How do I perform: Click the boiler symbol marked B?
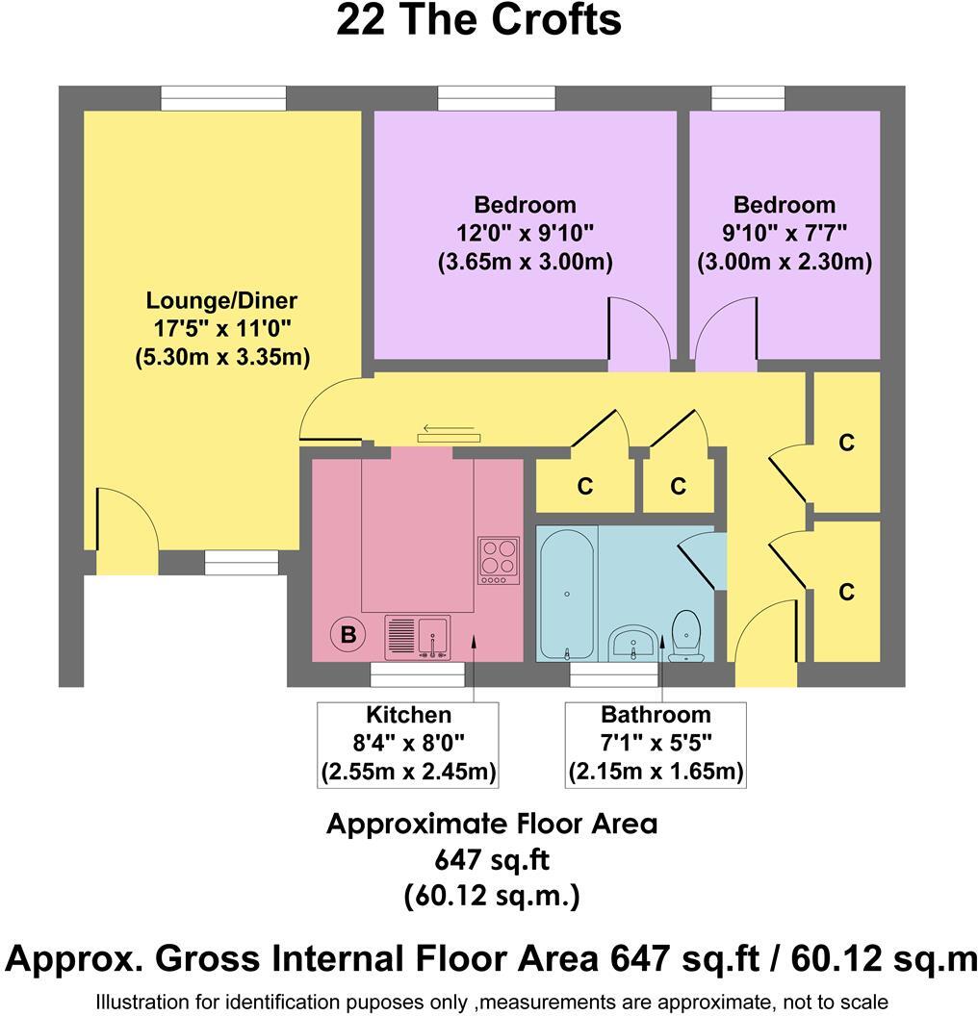click(x=348, y=634)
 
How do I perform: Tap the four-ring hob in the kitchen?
click(x=499, y=561)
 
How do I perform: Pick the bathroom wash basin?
click(x=632, y=642)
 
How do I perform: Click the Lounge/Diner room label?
click(x=221, y=300)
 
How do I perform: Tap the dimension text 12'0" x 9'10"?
click(x=525, y=233)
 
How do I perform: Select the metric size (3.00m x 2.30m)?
click(x=785, y=262)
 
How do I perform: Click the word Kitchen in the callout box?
click(x=408, y=715)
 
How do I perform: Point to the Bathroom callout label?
click(x=656, y=715)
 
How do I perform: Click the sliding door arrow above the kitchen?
click(x=449, y=428)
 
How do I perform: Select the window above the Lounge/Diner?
click(x=223, y=98)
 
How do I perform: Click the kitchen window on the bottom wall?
click(x=418, y=674)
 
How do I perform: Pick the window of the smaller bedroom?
click(x=748, y=98)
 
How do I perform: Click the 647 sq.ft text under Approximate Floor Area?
click(x=492, y=860)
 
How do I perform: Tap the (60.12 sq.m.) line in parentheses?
click(x=492, y=896)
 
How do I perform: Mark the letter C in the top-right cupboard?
click(x=846, y=443)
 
